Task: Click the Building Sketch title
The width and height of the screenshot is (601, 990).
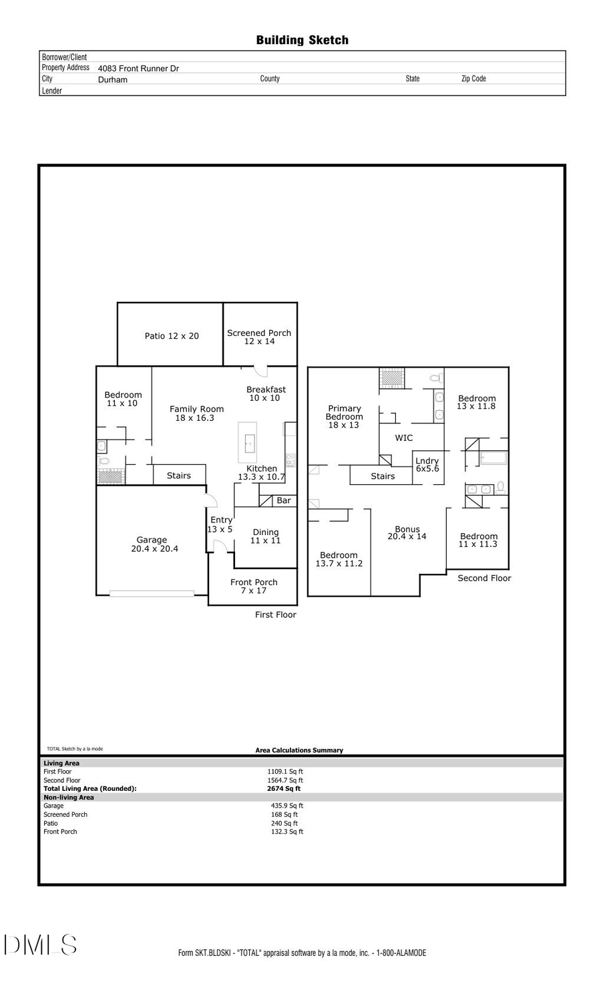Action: point(302,40)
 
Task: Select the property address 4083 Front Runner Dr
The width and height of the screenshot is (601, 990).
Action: point(138,68)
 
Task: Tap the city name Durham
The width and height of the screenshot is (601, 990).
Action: point(112,79)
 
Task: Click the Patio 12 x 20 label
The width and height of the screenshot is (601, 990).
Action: point(172,336)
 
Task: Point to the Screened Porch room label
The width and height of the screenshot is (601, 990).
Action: point(259,337)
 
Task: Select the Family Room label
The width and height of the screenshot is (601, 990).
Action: point(196,414)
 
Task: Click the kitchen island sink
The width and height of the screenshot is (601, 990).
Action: point(248,441)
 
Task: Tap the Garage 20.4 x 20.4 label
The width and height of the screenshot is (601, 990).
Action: point(154,544)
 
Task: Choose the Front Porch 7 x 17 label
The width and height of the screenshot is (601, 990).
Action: point(253,587)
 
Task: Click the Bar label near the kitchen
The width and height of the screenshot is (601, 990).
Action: point(284,500)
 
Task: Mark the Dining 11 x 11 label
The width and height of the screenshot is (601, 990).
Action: point(265,536)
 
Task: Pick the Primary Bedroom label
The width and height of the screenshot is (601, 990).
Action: point(344,417)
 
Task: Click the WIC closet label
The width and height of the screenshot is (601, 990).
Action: point(403,438)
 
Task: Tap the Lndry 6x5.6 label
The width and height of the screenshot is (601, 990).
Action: point(427,465)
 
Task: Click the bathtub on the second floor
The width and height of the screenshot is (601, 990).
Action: point(493,458)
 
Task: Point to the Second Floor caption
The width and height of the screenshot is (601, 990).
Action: point(484,579)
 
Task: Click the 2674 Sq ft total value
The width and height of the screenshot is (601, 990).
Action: point(283,789)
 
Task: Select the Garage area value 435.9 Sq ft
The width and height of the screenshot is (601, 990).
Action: point(286,806)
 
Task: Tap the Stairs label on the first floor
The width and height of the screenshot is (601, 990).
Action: point(178,476)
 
